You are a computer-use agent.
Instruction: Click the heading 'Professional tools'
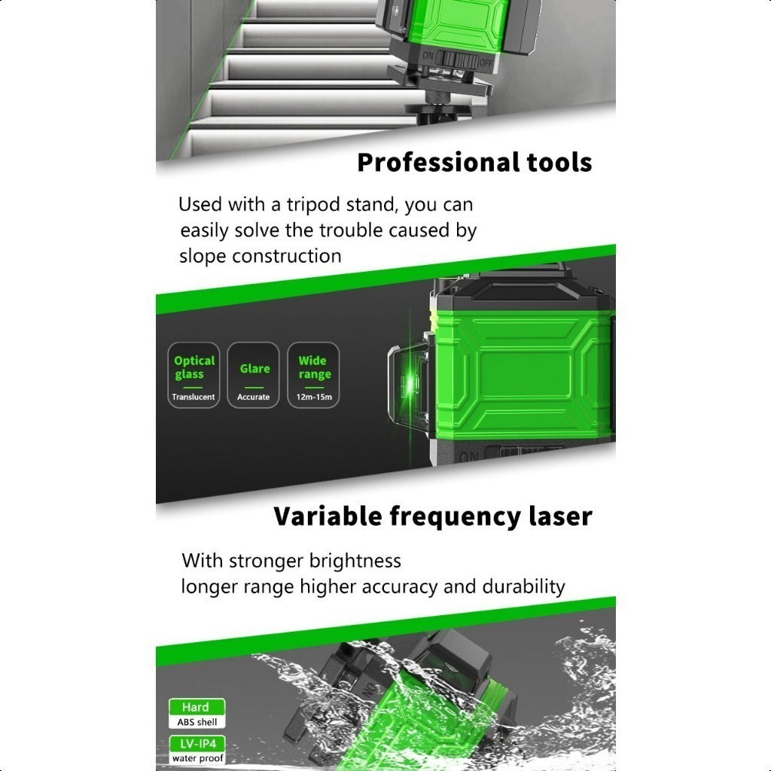click(474, 163)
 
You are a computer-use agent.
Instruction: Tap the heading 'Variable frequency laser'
click(433, 517)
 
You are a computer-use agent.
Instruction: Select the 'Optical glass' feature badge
click(194, 375)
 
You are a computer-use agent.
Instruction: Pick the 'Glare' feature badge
click(253, 375)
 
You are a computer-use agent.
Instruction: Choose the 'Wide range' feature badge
click(313, 375)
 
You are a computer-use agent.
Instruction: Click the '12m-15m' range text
click(314, 397)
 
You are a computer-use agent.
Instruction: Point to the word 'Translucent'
click(194, 397)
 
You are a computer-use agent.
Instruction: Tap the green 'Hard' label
click(197, 707)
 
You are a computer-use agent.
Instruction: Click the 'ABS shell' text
click(197, 722)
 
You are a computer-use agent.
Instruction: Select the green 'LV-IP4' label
click(197, 743)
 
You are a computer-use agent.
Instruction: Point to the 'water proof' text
click(198, 758)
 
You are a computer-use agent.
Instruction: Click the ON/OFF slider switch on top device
click(460, 59)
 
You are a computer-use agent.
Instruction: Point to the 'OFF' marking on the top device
click(486, 63)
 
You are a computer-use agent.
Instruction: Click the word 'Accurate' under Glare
click(253, 397)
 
